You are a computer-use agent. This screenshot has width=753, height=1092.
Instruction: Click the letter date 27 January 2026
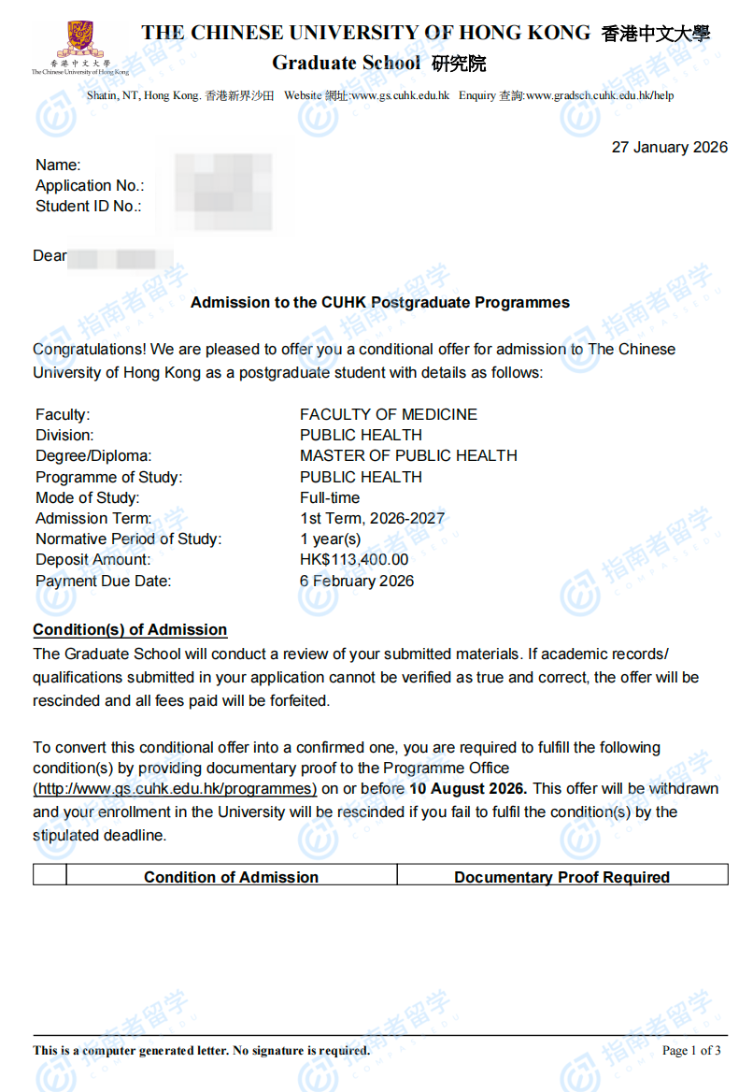(669, 148)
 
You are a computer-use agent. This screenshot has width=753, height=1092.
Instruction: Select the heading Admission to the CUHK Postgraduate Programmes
(379, 303)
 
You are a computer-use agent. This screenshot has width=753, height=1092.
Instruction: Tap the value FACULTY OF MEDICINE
(388, 414)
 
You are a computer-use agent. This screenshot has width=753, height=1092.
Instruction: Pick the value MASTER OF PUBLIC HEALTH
(408, 455)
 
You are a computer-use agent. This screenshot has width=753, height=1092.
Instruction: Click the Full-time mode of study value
(329, 497)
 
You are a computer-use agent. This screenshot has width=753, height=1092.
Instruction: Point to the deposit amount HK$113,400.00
(354, 559)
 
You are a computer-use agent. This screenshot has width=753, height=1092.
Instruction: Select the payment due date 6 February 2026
(356, 581)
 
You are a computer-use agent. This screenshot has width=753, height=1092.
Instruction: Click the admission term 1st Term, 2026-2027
(372, 518)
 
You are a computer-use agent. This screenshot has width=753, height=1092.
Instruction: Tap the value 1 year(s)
(330, 539)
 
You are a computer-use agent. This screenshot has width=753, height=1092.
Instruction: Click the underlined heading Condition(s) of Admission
(130, 629)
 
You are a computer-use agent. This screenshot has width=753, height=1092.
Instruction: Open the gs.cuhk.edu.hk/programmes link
(175, 789)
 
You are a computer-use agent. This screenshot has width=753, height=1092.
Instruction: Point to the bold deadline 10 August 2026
(468, 789)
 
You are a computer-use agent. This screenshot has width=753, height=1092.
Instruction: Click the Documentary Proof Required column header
(561, 877)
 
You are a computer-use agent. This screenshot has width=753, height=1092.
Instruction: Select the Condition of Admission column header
(231, 877)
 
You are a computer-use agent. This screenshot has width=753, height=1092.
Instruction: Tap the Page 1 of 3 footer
(691, 1051)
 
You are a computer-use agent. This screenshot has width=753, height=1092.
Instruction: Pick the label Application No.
(90, 186)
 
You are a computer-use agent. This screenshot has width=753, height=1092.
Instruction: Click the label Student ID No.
(88, 207)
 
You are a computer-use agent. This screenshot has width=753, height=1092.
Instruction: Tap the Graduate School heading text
(347, 63)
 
